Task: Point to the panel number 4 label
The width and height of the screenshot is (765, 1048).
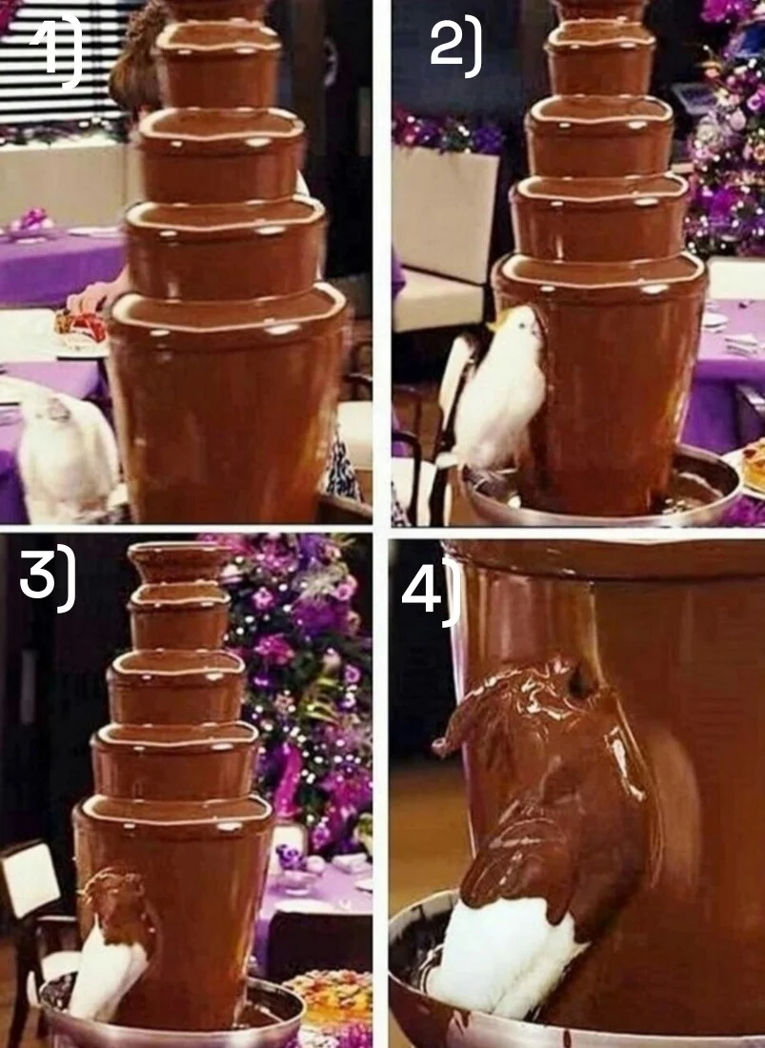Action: pyautogui.click(x=431, y=588)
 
